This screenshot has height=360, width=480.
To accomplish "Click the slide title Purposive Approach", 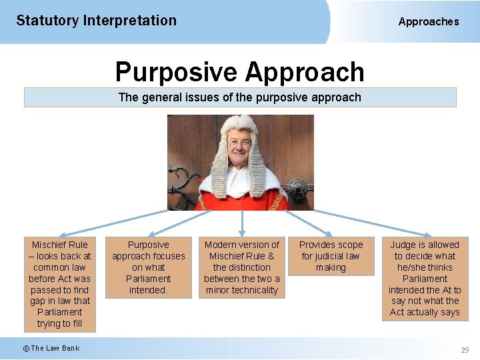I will coord(239,71).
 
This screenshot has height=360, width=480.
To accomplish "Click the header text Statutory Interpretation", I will coord(96,20).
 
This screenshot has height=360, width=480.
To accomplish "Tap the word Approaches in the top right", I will coord(429,21).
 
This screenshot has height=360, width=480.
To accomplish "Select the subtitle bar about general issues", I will coord(240,97).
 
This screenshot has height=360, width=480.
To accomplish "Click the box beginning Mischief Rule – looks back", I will coord(60,284).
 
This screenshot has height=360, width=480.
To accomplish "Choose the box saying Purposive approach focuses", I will coord(149,267).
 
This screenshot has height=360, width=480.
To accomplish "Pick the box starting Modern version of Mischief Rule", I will coord(242,267).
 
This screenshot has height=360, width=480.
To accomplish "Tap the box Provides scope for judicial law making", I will coord(331,256).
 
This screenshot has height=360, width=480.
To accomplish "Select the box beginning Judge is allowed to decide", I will coord(425,278).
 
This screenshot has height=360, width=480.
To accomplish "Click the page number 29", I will coord(465,350).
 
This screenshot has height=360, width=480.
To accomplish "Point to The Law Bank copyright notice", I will coord(51,348).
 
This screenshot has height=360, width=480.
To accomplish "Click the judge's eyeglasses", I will coord(239,143).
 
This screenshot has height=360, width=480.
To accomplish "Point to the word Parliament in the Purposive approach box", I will coord(149,279).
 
